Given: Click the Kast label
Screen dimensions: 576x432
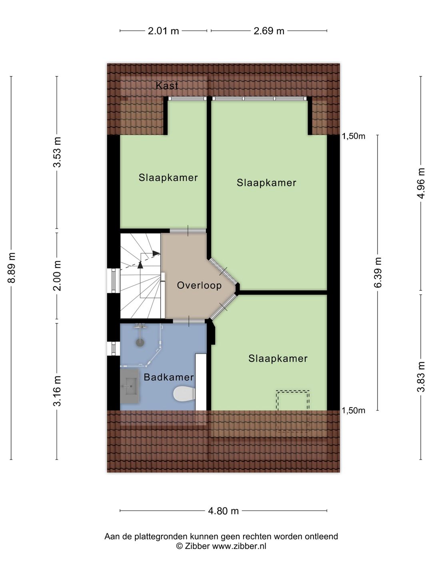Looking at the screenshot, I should [167, 85].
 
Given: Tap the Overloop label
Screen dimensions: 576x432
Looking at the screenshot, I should [199, 285].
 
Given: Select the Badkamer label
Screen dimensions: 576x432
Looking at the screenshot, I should [168, 377].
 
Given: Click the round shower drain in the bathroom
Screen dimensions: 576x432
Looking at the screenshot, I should [140, 343].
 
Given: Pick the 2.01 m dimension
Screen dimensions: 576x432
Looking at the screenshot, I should [163, 31].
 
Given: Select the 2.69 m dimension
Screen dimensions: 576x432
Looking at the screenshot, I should [269, 31].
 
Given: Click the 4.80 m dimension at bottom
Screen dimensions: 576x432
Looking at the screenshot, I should [223, 511].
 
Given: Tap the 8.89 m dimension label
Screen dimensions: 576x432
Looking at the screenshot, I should [12, 268].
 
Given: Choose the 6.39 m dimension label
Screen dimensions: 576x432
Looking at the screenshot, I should [378, 272].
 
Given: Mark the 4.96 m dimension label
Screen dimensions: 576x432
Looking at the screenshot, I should [421, 183].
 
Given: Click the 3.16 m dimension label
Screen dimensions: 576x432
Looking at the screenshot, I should [57, 391].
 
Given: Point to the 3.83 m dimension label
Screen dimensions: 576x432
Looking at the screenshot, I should [421, 377].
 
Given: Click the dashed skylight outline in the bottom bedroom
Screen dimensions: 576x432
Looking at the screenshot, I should [292, 400].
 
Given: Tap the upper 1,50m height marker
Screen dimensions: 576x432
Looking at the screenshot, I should [353, 136].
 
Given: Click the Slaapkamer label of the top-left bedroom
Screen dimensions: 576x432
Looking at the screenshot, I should [168, 178].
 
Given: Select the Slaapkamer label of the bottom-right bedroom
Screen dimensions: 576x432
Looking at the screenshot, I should [278, 358].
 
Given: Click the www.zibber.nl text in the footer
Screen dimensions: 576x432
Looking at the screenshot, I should [239, 546].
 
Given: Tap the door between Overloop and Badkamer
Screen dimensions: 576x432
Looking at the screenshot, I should [189, 321].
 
